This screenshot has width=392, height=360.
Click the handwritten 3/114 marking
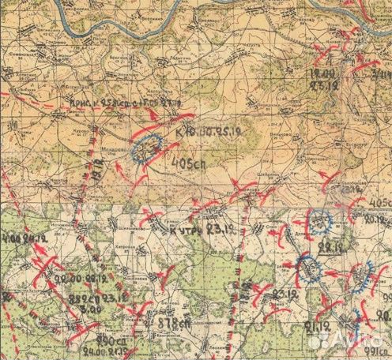(379, 74)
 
